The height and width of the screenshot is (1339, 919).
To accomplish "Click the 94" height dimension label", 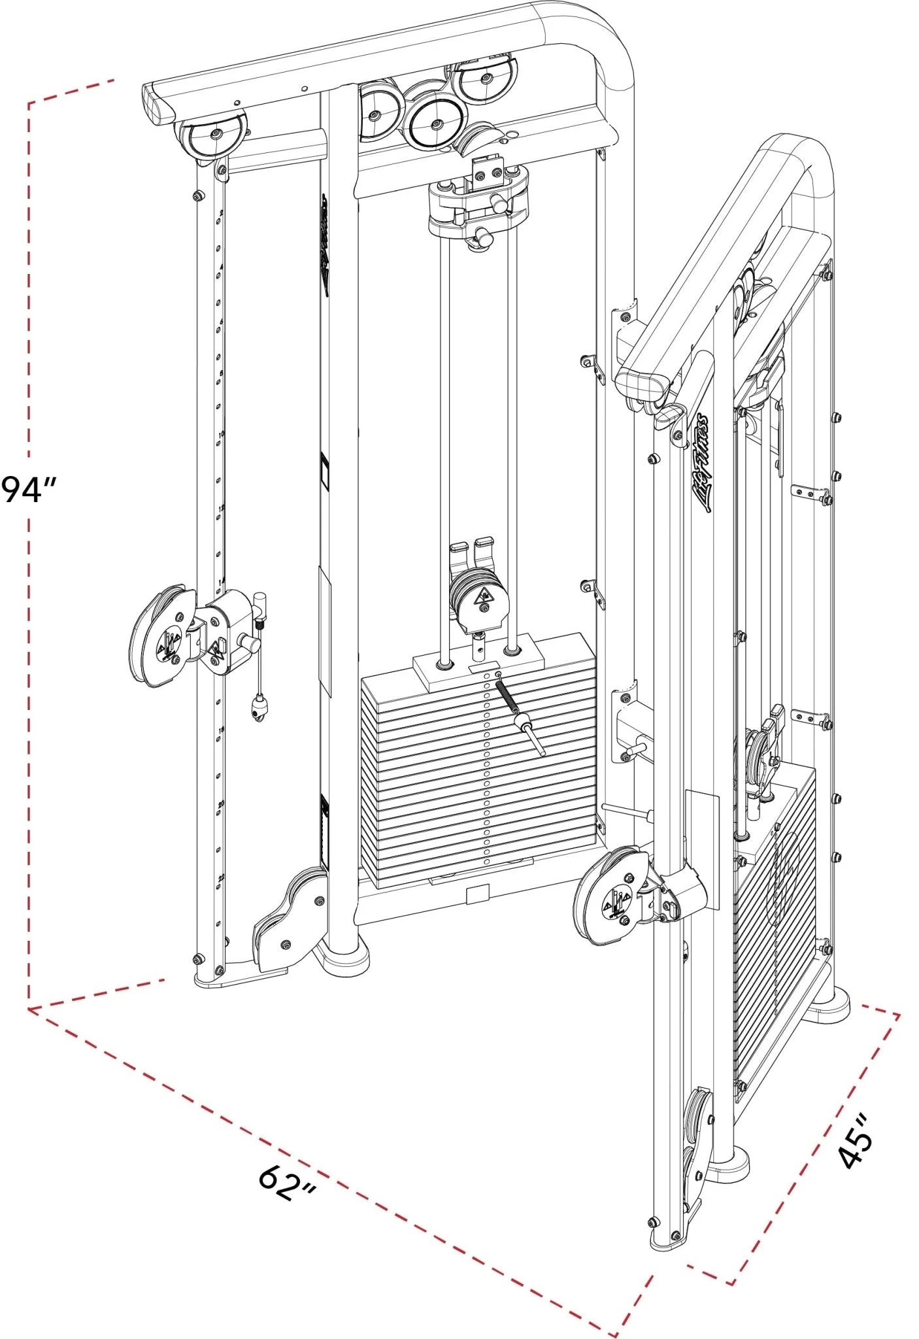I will click(29, 489).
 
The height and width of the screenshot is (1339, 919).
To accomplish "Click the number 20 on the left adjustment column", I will click(221, 804).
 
